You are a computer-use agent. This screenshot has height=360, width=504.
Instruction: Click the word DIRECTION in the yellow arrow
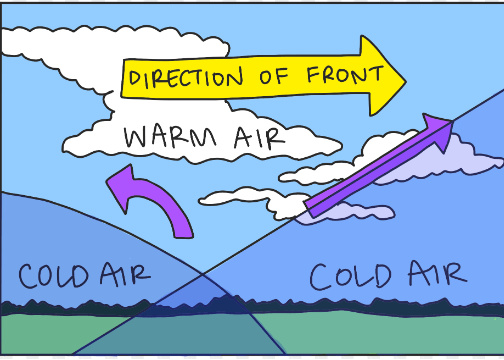(186, 78)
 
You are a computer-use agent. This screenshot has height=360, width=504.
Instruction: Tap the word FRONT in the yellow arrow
(345, 74)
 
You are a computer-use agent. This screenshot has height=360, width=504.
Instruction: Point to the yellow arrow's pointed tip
(406, 81)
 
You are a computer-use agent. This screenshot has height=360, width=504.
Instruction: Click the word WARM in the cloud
(170, 137)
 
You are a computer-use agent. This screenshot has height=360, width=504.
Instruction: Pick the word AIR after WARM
(259, 138)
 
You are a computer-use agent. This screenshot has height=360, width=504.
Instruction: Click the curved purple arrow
(151, 201)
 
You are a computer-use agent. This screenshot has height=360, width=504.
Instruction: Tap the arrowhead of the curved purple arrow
(122, 187)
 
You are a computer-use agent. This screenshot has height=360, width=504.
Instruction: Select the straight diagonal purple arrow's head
(437, 130)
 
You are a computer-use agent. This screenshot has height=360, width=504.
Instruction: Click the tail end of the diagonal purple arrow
(309, 209)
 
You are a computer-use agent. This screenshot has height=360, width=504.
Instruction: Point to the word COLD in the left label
(53, 276)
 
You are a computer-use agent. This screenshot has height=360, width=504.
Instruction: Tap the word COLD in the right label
(350, 276)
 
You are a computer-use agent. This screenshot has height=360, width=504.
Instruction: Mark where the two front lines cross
(202, 274)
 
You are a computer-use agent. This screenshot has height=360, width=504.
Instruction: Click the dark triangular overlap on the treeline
(200, 305)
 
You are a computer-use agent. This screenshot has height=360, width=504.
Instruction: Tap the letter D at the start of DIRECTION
(135, 79)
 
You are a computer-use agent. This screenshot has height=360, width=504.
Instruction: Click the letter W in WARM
(136, 137)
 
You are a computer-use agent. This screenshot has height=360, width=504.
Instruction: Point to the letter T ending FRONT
(377, 73)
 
